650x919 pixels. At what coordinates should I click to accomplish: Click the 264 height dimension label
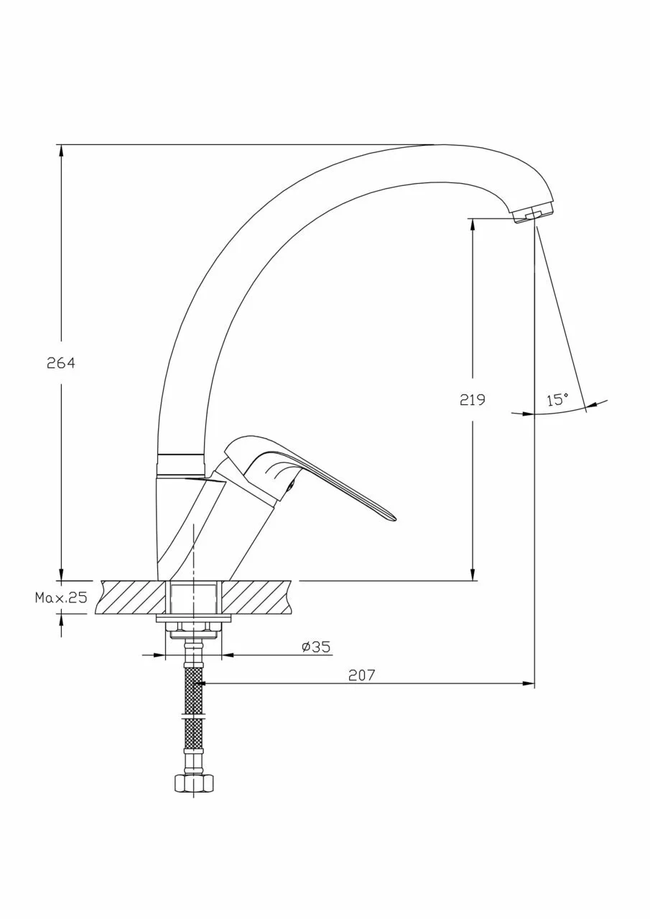coord(61,363)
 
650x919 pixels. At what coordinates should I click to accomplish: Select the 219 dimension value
coord(473,400)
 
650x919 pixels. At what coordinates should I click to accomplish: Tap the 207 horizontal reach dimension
coord(362,675)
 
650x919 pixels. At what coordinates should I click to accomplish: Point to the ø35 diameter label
coord(316,647)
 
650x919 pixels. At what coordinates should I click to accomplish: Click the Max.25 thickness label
coord(61,598)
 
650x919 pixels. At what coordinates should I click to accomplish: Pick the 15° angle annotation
coord(557,400)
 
